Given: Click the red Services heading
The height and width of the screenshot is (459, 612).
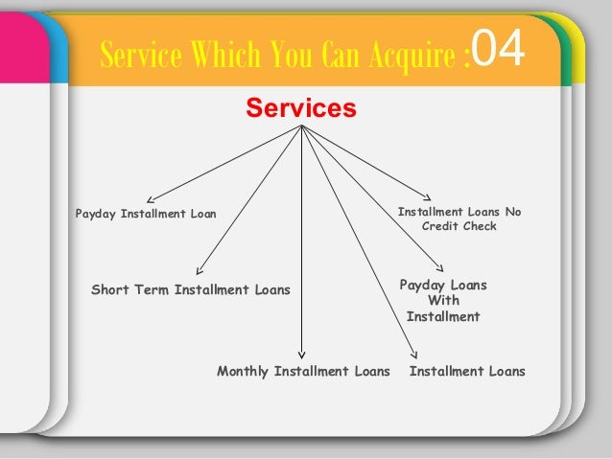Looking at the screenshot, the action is tap(301, 107).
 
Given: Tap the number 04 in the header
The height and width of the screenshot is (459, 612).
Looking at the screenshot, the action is tap(498, 49).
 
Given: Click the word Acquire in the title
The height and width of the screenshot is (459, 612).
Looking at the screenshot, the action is tap(412, 55).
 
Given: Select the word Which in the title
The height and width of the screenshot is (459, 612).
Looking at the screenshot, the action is tap(225, 54).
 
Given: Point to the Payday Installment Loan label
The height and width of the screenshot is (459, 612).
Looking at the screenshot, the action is tap(146, 214).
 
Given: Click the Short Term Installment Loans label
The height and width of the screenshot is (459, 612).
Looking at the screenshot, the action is tap(191, 289).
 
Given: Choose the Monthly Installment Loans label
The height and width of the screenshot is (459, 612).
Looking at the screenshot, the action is tap(303, 371).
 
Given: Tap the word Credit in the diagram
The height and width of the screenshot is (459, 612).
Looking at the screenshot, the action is tap(440, 226).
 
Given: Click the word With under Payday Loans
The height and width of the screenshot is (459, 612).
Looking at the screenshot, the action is tap(444, 300).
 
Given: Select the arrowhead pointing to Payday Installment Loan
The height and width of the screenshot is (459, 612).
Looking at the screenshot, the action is tap(151, 199).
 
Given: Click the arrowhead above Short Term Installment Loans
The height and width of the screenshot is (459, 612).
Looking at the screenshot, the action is tap(200, 270).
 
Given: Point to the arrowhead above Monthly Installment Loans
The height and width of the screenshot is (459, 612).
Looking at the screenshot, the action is tap(301, 355).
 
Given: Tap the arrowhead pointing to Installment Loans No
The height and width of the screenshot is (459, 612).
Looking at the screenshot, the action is tap(428, 197).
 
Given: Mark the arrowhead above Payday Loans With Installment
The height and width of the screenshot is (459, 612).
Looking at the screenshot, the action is tap(440, 268).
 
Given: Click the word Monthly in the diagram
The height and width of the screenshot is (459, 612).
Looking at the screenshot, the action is tap(243, 371).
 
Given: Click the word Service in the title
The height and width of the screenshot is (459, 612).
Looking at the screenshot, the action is tap(141, 55).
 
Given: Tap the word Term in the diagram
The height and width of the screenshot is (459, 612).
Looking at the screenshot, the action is tap(152, 289).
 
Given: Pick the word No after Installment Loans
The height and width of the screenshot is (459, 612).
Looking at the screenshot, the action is tap(513, 212).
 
